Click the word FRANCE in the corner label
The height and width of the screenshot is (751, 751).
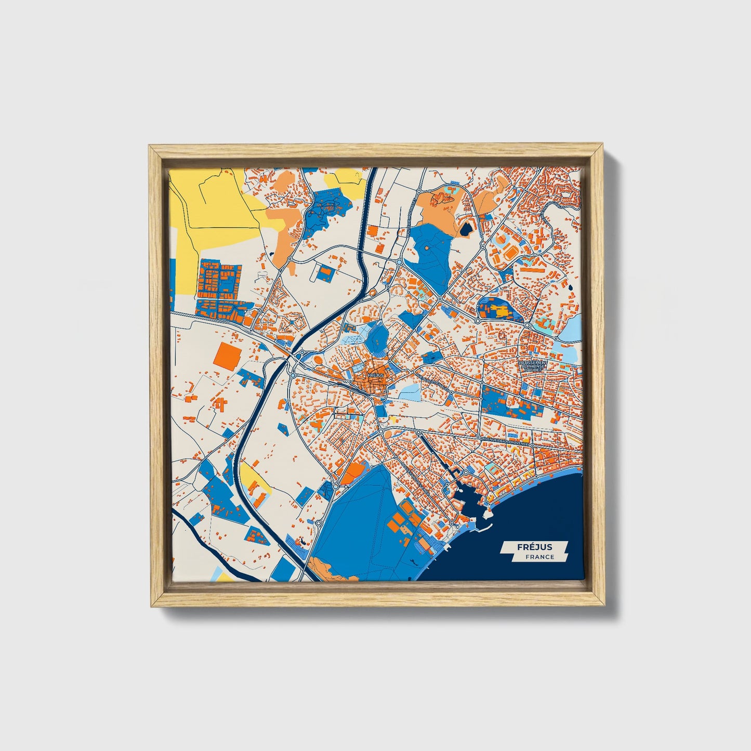coord(539,557)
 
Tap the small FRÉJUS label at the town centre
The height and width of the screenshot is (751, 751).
coord(374,375)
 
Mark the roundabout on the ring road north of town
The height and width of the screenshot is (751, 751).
coord(399,263)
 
